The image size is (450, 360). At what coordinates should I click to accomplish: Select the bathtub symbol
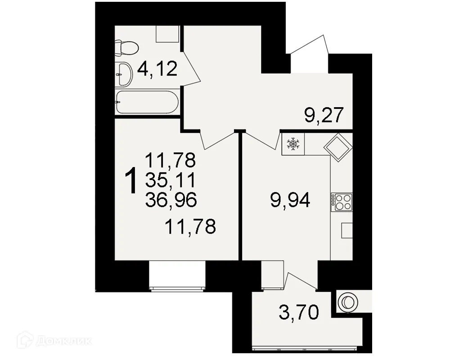147,102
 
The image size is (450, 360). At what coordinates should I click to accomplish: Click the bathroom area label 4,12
157,70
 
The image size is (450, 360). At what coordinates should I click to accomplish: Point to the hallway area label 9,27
324,116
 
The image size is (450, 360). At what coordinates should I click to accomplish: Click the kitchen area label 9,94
290,199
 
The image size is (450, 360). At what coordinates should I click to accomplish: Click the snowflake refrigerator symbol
293,144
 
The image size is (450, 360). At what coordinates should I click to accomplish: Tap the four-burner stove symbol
342,202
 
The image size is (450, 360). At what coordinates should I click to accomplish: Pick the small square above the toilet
167,34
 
